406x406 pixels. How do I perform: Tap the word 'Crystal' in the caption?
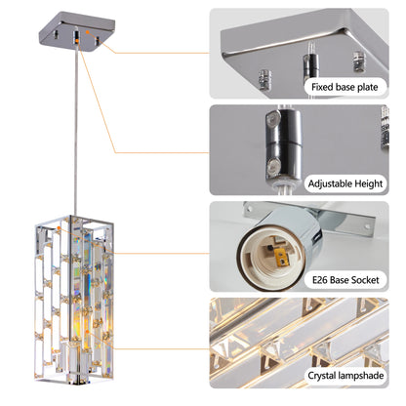click(326, 375)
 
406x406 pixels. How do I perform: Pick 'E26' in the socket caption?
click(319, 278)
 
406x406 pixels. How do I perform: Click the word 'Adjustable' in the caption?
click(330, 183)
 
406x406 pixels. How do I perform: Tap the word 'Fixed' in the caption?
click(321, 87)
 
